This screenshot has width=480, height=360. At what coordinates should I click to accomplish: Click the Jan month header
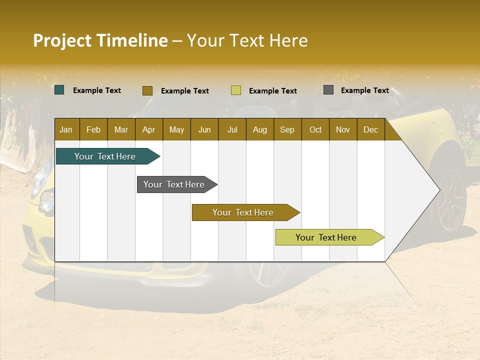66,130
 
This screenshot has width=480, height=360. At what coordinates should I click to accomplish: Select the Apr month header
148,130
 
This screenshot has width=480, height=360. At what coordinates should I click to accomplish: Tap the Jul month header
232,130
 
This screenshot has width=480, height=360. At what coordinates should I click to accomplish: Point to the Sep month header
287,130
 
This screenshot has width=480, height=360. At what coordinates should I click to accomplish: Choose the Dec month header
370,130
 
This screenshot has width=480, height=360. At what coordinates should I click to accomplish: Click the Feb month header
93,130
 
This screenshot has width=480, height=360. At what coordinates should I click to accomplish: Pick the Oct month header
315,130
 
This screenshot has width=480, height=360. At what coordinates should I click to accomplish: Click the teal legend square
59,90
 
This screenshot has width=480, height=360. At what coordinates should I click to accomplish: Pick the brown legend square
147,90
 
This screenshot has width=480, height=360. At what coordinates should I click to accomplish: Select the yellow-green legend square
236,90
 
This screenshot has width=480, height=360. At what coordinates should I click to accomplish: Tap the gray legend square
328,90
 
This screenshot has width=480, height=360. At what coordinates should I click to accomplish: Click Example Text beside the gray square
364,90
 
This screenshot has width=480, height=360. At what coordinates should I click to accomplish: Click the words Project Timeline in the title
100,40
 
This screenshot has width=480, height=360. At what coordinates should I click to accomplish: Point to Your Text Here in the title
247,40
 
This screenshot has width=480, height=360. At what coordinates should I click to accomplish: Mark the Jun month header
204,130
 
